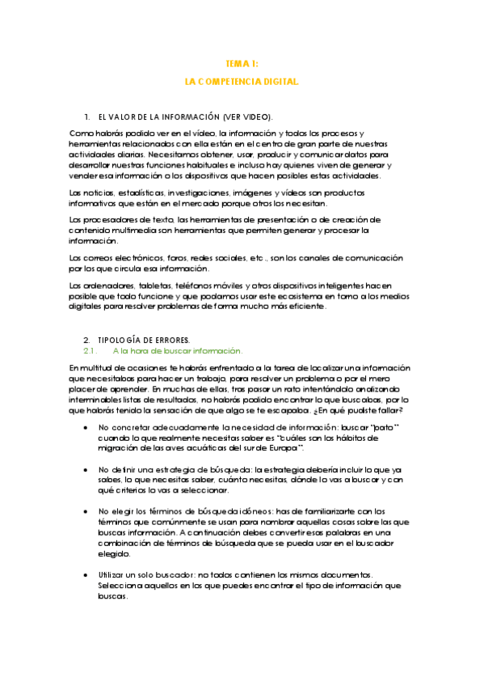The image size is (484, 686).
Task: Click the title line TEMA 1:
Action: click(x=242, y=63)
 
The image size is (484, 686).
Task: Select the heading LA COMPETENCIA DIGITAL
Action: click(x=242, y=82)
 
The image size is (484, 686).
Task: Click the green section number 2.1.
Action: click(x=90, y=350)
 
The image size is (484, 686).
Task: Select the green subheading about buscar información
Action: click(x=178, y=350)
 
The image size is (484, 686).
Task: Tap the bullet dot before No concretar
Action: click(x=86, y=426)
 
